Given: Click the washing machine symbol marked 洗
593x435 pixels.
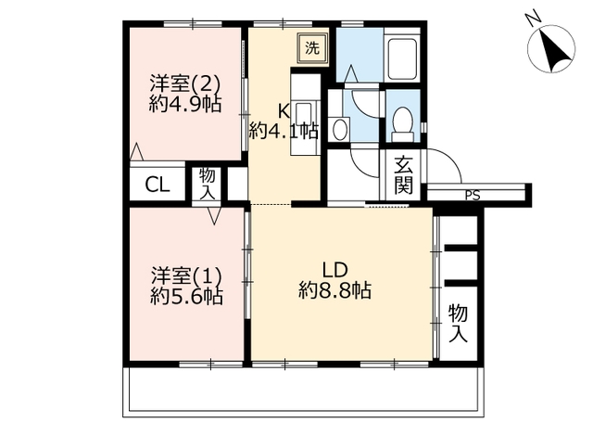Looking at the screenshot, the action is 312,48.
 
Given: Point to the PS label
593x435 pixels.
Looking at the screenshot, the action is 473,196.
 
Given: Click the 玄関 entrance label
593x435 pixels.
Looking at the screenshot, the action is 404,175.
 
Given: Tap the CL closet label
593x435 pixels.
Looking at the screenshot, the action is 158,186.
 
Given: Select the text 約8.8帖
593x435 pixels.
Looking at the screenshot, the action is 334,291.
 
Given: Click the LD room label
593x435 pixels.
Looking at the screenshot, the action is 334,270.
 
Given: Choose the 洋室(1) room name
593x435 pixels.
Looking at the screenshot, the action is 186,275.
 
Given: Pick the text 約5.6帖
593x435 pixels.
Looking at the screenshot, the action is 186,297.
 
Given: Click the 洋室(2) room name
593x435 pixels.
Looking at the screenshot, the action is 185,84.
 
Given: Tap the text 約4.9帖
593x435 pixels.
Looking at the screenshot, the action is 185,104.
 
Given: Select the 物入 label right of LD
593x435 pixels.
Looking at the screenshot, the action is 459,324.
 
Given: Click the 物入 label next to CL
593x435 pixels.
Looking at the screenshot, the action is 208,184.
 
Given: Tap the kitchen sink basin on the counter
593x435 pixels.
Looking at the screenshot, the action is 303,114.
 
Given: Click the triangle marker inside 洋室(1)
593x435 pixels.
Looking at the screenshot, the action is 214,216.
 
